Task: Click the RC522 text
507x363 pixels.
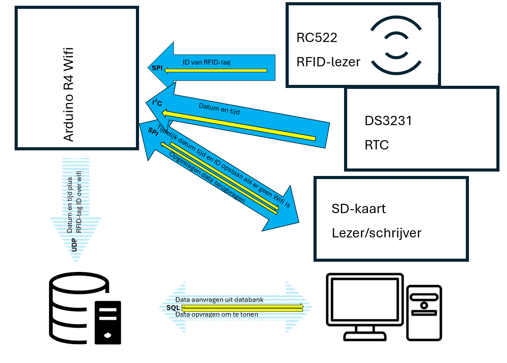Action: point(317,38)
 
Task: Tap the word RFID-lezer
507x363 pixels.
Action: point(328,62)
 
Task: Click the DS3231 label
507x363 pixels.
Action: point(388,121)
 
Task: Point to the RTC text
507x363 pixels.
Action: point(376,145)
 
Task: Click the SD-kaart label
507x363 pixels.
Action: point(358,208)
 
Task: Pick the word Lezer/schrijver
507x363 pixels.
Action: point(376,233)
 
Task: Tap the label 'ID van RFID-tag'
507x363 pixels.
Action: point(206,62)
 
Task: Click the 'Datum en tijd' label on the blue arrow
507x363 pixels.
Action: point(219,109)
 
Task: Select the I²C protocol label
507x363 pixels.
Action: point(157,103)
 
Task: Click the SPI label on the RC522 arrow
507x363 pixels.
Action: point(157,68)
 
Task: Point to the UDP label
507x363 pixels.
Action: point(74,246)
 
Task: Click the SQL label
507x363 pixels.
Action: point(173,307)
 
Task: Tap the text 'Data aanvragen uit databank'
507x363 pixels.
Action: point(219,300)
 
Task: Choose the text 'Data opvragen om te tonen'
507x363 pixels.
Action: point(217,314)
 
